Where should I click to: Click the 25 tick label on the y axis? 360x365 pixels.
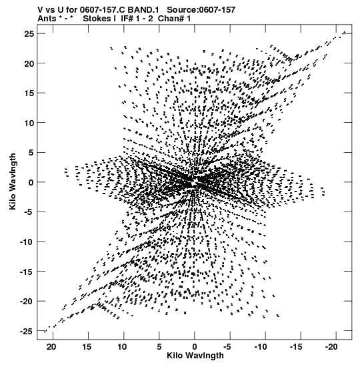coord(29,34)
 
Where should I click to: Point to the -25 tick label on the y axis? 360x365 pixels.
coord(27,331)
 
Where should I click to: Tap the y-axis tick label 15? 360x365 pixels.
coord(29,93)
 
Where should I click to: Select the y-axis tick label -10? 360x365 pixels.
coord(27,242)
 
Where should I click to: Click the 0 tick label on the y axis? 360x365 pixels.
coord(31,183)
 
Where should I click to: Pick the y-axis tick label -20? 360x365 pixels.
coord(27,301)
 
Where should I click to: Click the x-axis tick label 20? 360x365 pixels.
coord(51,347)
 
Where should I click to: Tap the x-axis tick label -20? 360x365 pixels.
coord(331,347)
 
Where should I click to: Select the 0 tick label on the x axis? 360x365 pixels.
coord(195,347)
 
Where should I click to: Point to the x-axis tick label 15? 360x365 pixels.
coord(87,347)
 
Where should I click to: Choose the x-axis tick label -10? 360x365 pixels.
coord(261,347)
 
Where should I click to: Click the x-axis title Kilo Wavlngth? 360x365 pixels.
coord(195,356)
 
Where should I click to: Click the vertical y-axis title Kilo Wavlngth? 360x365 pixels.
coord(13,181)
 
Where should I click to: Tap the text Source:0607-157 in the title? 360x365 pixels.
coord(201,10)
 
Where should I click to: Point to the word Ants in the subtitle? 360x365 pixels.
coord(47,19)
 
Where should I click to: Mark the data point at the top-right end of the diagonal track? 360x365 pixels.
coord(345,32)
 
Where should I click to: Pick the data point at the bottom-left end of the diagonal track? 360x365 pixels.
coord(45,332)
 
